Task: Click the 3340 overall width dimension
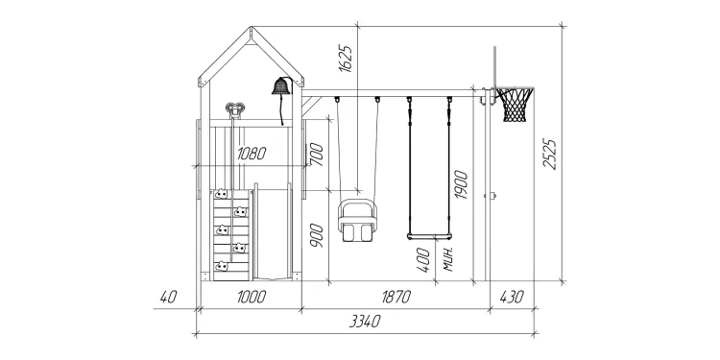(365, 321)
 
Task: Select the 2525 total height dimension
(550, 154)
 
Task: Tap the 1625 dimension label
(346, 59)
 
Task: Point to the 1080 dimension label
(252, 154)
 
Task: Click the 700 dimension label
(317, 155)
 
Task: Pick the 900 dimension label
(317, 235)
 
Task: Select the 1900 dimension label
(461, 184)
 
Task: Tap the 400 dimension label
(423, 260)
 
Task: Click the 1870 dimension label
(396, 297)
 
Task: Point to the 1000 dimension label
(252, 297)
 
